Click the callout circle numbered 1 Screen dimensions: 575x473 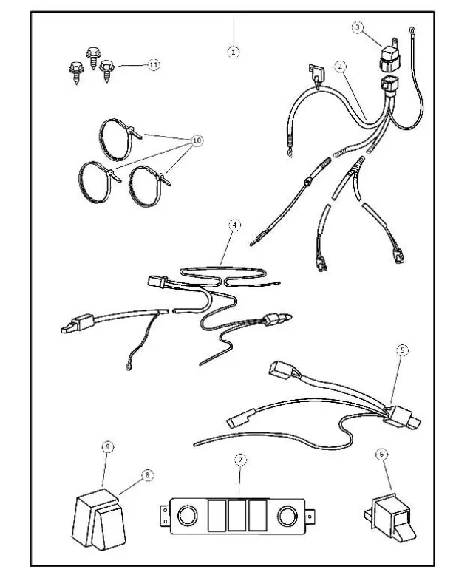coord(234,52)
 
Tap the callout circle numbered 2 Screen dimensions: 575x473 coord(340,67)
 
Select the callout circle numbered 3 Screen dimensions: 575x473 coord(358,27)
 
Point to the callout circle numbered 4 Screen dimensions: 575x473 coord(234,226)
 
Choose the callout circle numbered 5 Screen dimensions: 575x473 coord(402,350)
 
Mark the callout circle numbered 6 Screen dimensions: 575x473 coord(382,456)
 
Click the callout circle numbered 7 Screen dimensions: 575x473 coord(239,460)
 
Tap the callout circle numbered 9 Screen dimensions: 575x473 coord(108,446)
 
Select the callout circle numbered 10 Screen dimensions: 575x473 coord(197,140)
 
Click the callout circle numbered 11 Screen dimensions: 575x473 coord(153,65)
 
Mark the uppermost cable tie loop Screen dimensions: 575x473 coord(117,138)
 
